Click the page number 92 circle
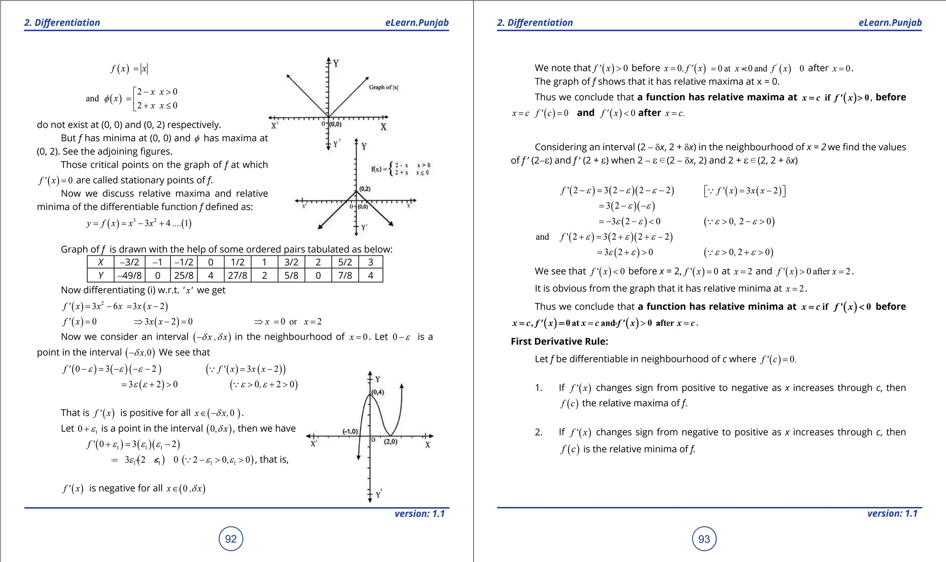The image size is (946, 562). [230, 539]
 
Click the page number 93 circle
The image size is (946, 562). [704, 539]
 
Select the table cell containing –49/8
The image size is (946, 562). [129, 276]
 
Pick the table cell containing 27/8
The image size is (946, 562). [237, 276]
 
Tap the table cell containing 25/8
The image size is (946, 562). [183, 276]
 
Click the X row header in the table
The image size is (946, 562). [101, 262]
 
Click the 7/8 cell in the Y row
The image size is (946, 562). [345, 276]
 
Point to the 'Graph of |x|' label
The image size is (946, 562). [383, 87]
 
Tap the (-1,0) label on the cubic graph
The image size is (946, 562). [350, 431]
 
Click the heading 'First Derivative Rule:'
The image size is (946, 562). [559, 341]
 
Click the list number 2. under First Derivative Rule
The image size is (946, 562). [539, 432]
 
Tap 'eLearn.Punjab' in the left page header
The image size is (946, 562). [417, 23]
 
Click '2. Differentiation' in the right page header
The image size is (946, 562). [535, 23]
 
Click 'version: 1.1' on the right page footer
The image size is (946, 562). [892, 514]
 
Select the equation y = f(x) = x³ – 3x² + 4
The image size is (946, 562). [139, 224]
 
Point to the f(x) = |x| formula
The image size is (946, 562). [129, 69]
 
